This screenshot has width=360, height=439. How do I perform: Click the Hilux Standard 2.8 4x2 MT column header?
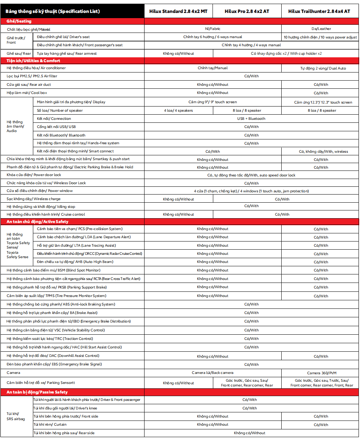coord(178,11)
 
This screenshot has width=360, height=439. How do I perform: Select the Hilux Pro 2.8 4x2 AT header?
coord(247,11)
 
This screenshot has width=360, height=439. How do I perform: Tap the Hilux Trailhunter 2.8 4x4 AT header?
coord(319,11)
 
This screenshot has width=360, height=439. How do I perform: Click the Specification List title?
coord(52,11)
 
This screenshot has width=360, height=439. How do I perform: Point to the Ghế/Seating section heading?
coord(19,21)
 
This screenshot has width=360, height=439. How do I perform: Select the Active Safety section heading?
coord(37,222)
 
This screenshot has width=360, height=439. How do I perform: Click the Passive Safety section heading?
coord(37,392)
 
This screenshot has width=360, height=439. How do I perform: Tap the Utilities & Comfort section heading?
coord(33,61)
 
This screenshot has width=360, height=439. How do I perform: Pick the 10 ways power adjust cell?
coord(320,37)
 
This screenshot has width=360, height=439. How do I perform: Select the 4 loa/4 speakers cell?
coord(178,111)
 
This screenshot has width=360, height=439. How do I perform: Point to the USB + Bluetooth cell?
coord(251,119)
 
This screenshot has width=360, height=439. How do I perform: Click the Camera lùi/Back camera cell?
coord(213,373)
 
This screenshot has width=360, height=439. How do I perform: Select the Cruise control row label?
coord(46,215)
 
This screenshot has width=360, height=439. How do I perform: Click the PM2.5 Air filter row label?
coord(32,76)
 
